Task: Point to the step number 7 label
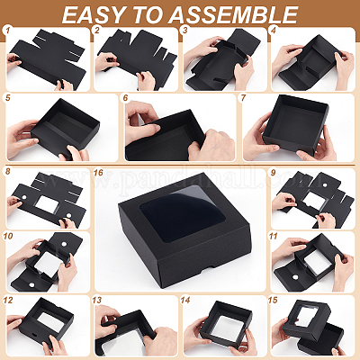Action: coord(243,97)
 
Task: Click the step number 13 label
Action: coord(97,301)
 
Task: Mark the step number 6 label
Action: coord(125,97)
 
